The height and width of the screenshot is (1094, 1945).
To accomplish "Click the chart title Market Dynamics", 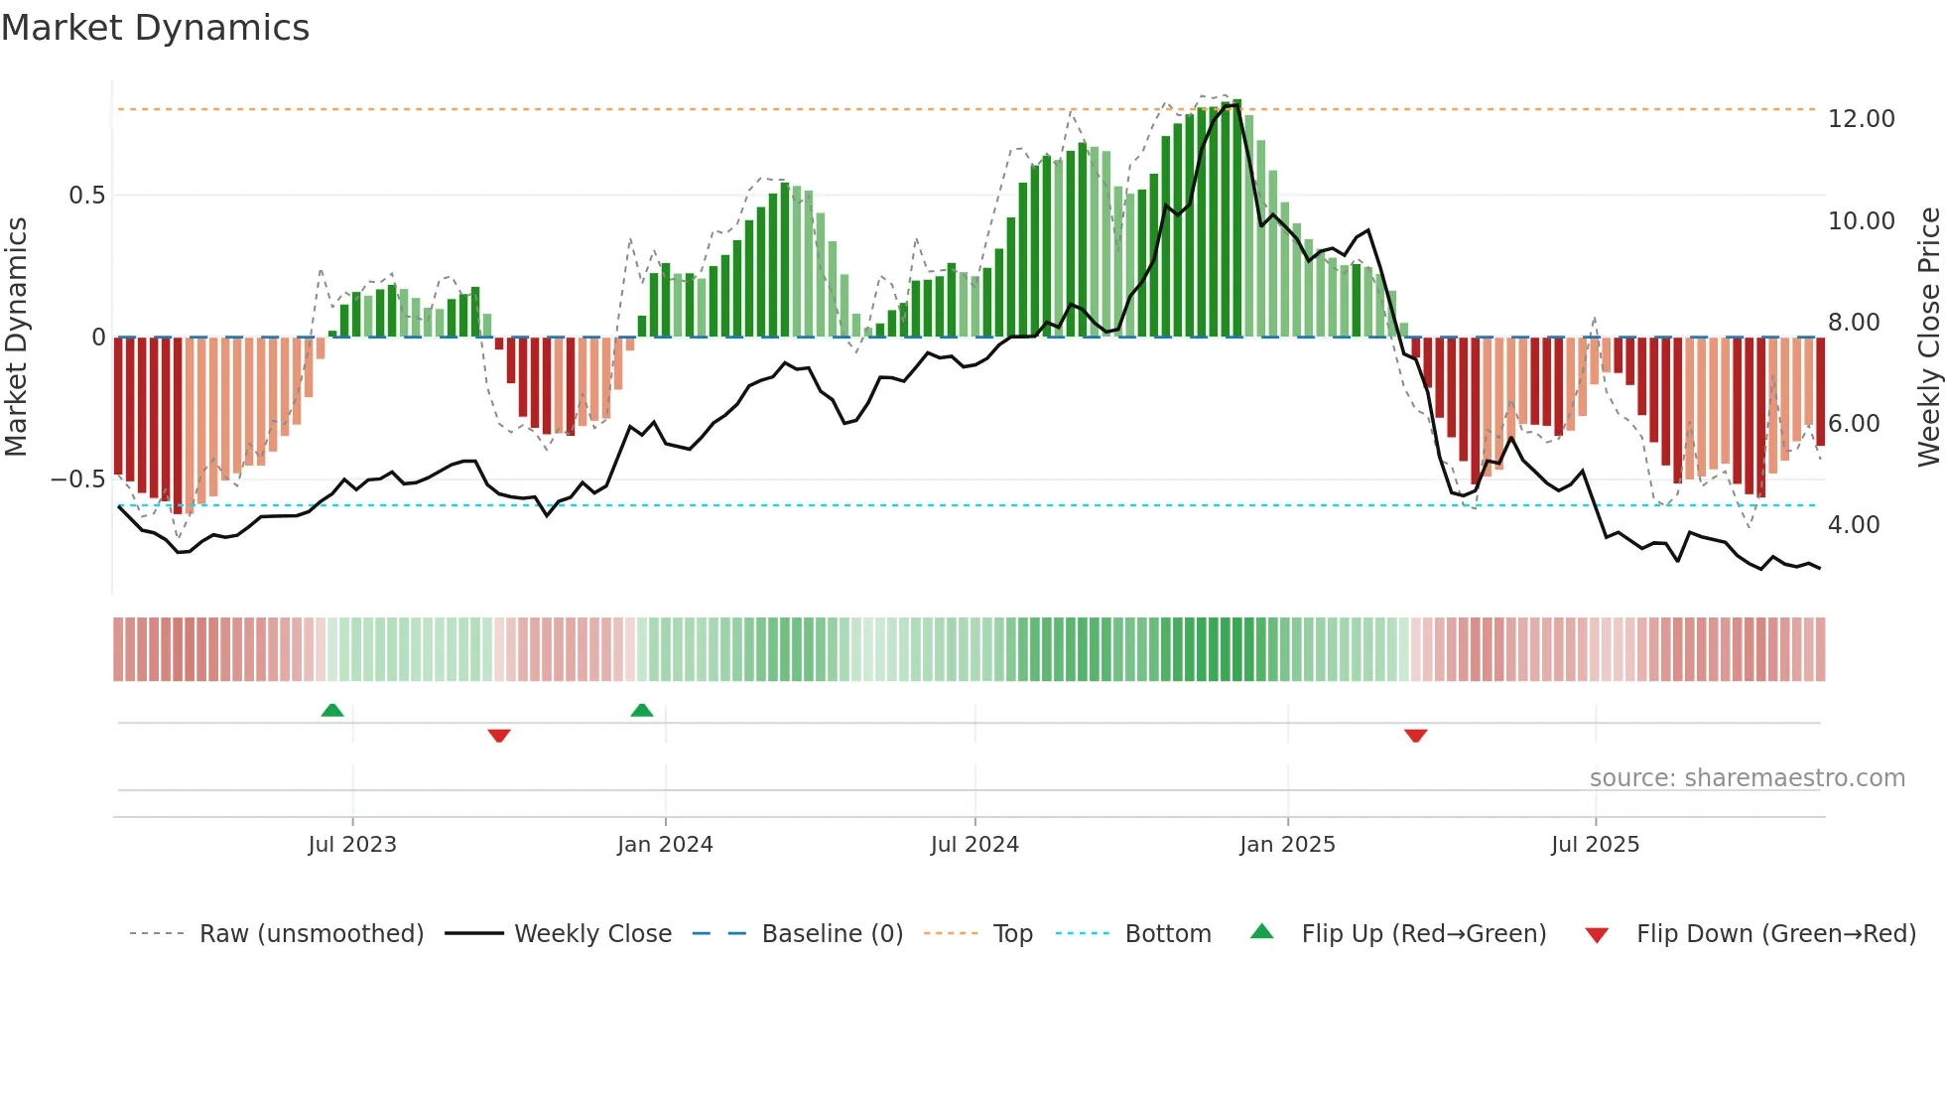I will coord(155,28).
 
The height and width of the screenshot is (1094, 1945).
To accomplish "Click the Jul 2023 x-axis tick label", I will coord(352,845).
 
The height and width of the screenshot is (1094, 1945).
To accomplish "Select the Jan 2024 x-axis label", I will coord(665,845).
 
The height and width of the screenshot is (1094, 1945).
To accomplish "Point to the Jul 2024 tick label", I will coord(974,845).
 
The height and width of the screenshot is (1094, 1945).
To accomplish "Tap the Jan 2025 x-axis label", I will coord(1287,845).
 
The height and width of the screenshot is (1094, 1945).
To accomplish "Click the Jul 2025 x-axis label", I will coord(1595,845).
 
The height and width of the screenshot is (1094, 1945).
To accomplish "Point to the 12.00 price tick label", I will coord(1861,119).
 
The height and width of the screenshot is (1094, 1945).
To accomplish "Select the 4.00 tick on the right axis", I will coord(1853,525).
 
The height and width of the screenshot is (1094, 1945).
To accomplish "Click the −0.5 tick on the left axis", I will coord(78,479).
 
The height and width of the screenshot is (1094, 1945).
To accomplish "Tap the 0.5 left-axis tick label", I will coord(87,196).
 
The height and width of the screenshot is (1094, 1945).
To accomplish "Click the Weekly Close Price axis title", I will coord(1928,337).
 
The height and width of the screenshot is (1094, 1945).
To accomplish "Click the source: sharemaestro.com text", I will coord(1747,778).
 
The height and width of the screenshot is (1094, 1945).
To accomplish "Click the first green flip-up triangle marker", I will coord(332,711).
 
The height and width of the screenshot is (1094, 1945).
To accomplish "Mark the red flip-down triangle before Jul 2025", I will coord(1416,735).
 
